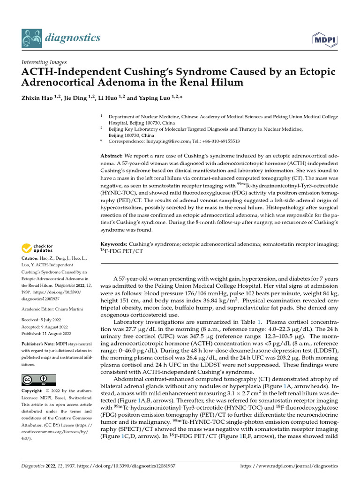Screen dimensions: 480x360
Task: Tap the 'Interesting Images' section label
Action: (44, 62)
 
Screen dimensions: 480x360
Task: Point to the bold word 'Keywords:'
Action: (114, 244)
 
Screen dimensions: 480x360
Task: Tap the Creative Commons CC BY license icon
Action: (38, 379)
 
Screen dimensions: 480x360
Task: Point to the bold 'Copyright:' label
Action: (33, 390)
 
